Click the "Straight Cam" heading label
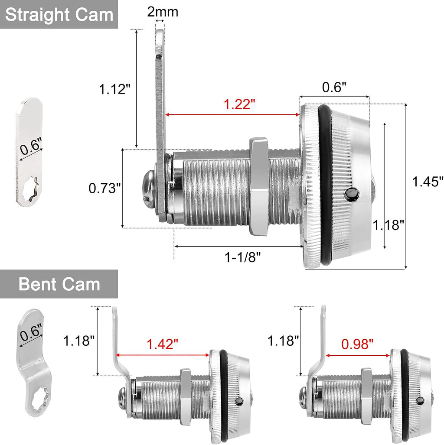59,15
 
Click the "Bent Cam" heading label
59,284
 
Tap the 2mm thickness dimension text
163,12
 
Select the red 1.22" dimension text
239,104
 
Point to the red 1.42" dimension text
162,344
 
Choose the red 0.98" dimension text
357,344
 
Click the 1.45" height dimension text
428,182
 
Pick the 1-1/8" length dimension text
242,257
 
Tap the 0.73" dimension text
104,188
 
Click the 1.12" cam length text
114,89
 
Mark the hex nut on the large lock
259,187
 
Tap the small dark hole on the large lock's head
352,195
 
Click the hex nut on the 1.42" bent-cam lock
185,396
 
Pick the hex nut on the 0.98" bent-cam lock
366,396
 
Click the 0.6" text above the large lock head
334,87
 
